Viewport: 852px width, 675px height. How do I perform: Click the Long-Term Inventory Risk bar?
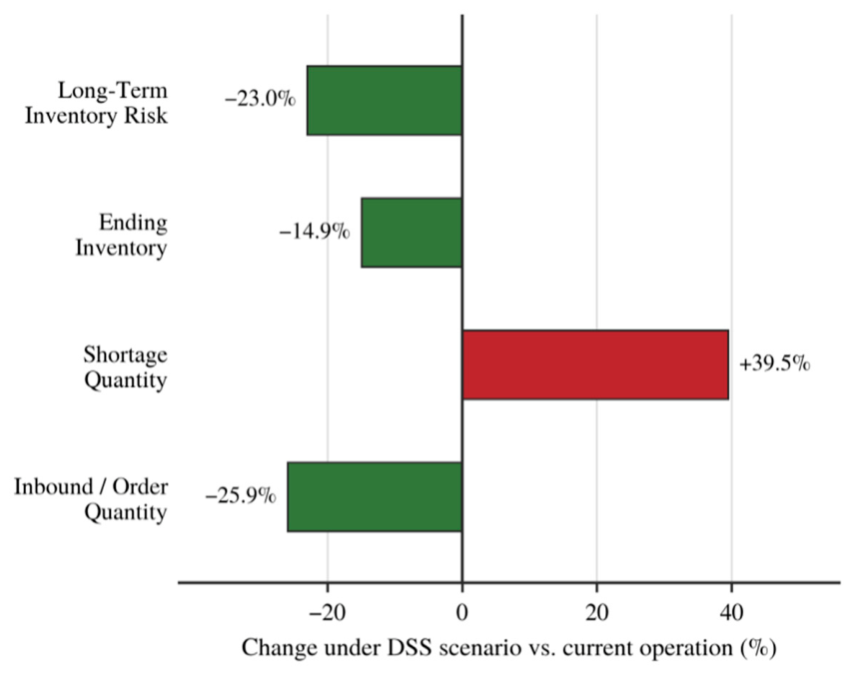pyautogui.click(x=385, y=101)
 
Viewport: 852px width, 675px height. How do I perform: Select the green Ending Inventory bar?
pyautogui.click(x=412, y=233)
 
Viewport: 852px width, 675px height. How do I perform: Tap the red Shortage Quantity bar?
pyautogui.click(x=595, y=364)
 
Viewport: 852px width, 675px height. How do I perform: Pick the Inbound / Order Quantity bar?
pyautogui.click(x=375, y=497)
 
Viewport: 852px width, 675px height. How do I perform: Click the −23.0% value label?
pyautogui.click(x=261, y=100)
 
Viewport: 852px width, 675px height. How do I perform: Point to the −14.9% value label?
pyautogui.click(x=315, y=233)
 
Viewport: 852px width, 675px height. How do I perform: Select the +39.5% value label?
pyautogui.click(x=775, y=364)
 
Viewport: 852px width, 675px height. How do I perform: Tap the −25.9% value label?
pyautogui.click(x=241, y=496)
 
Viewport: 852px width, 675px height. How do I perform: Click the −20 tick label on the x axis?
pyautogui.click(x=327, y=613)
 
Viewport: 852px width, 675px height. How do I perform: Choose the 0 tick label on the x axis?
pyautogui.click(x=462, y=613)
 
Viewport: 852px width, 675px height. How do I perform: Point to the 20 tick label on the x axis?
pyautogui.click(x=596, y=613)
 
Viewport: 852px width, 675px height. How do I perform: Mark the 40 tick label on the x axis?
pyautogui.click(x=731, y=613)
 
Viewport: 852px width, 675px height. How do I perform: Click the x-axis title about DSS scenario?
pyautogui.click(x=509, y=648)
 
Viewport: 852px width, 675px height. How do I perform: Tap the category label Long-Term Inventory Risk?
pyautogui.click(x=96, y=103)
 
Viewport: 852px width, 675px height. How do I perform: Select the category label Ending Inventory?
pyautogui.click(x=121, y=235)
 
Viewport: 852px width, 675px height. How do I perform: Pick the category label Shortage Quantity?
pyautogui.click(x=125, y=367)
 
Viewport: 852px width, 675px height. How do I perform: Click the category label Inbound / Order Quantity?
pyautogui.click(x=91, y=499)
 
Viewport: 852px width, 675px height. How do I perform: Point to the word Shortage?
pyautogui.click(x=125, y=355)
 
